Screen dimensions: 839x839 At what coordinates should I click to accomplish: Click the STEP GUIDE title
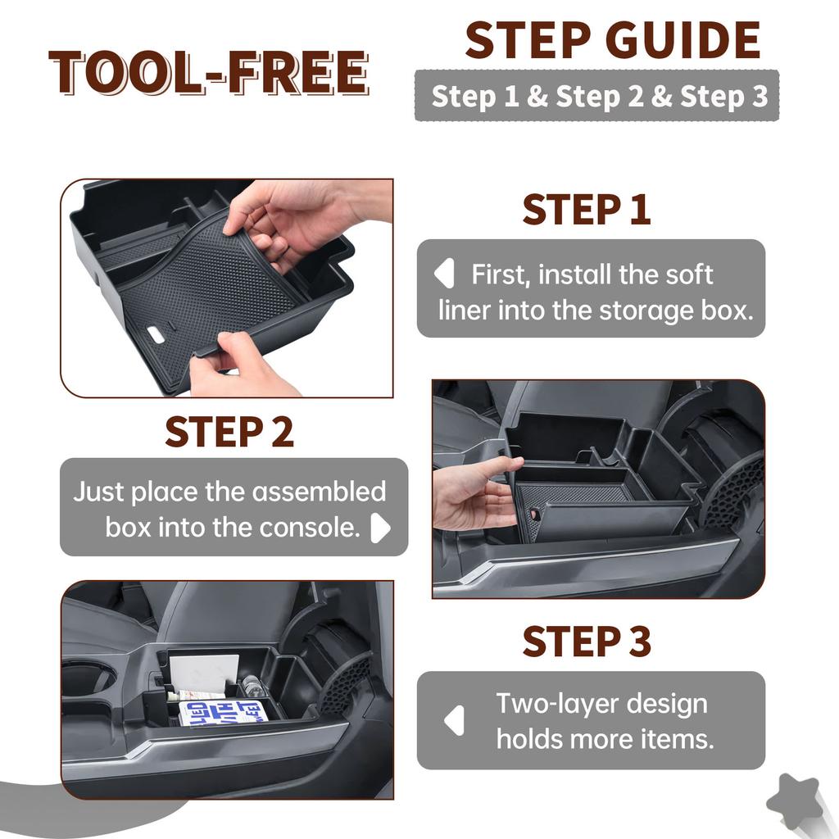click(613, 40)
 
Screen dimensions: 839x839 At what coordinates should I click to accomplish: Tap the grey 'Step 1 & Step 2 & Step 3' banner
click(596, 96)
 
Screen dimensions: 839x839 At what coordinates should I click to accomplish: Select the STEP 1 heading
click(587, 210)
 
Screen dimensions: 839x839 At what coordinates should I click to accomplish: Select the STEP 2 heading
click(229, 432)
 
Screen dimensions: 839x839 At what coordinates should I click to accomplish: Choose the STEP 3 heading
click(587, 642)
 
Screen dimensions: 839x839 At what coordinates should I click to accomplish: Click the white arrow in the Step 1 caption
click(444, 274)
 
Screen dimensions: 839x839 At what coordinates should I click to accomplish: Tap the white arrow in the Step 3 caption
click(454, 721)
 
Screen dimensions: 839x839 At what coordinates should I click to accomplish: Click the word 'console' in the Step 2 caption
click(310, 528)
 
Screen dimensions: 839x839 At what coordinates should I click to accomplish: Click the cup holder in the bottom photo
click(88, 678)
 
